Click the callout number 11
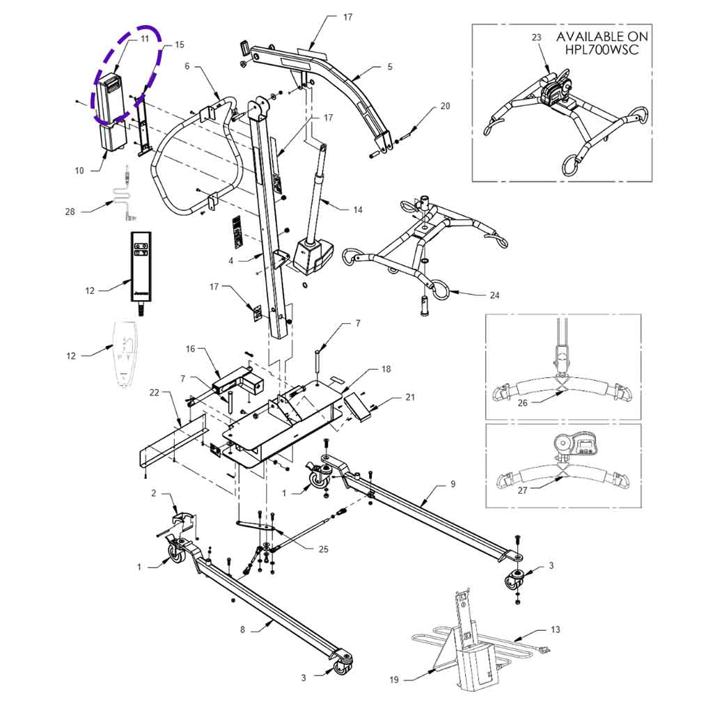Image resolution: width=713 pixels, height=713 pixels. (x=145, y=39)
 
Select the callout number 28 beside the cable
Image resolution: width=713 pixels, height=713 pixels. (x=70, y=212)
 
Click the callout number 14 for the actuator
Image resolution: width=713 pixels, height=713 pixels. (x=358, y=210)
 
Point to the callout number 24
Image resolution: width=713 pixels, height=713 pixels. (x=494, y=295)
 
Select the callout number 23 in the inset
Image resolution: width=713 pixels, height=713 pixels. (x=536, y=38)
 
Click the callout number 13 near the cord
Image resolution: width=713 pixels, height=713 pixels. (x=555, y=629)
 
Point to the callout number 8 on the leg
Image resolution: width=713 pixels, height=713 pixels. (x=242, y=629)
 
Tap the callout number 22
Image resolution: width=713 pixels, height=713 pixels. (x=155, y=393)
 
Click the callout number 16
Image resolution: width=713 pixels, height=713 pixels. (x=189, y=348)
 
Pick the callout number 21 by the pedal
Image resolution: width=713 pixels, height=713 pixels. (x=410, y=398)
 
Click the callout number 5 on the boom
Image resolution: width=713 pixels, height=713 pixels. (x=390, y=67)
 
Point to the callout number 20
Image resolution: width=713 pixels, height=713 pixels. (x=446, y=107)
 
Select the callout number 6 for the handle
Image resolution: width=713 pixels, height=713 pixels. (x=187, y=66)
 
